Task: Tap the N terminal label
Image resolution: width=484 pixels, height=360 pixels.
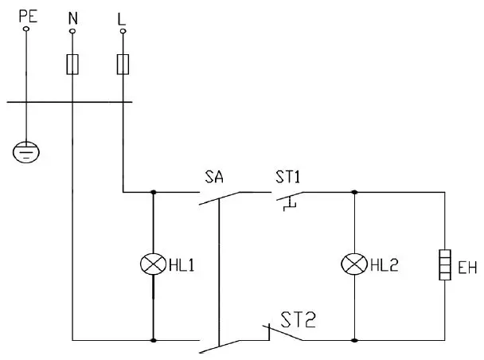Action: pos(72,15)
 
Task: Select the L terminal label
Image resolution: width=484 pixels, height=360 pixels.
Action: pos(122,15)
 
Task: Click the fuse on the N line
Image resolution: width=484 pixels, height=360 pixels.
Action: pos(72,63)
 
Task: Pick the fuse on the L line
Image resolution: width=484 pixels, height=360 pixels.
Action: pos(123,63)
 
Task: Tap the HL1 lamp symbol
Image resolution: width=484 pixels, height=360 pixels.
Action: pos(152,264)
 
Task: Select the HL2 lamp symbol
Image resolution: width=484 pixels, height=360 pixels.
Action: pos(353,264)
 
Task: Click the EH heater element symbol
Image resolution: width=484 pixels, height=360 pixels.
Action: pos(443,264)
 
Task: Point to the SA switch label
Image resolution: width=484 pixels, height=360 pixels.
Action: pos(214,176)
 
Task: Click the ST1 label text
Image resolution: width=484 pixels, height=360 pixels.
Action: pos(290,176)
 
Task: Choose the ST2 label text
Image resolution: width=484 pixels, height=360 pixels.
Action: pos(299,320)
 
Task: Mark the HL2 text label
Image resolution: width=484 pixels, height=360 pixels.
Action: pos(383,264)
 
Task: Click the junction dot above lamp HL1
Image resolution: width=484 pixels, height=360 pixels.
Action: pos(152,192)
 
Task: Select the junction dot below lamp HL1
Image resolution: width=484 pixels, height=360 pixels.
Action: pos(152,339)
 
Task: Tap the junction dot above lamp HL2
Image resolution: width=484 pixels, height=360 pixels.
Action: pos(353,192)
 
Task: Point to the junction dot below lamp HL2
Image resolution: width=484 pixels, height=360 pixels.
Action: pos(353,339)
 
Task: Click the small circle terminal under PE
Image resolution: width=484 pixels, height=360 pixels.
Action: pos(26,29)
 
